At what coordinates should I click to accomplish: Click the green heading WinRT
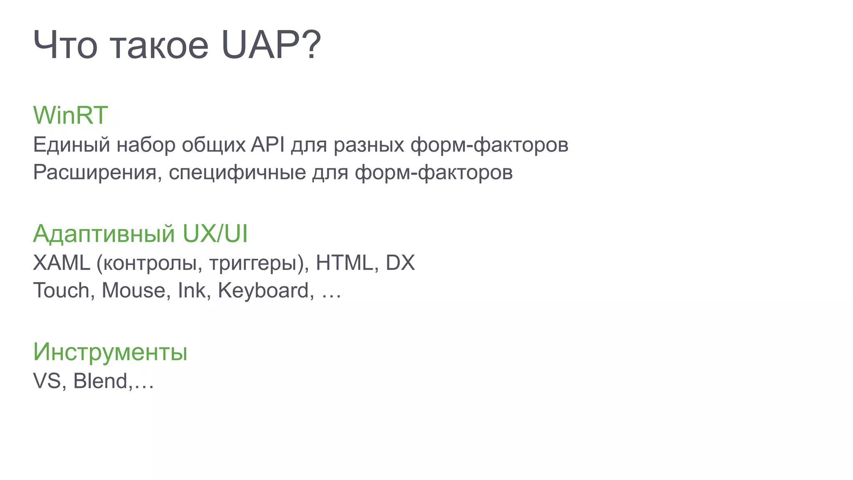click(x=70, y=115)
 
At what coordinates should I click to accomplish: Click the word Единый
click(x=72, y=145)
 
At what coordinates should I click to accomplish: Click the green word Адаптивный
click(x=104, y=233)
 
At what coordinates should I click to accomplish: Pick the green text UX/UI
click(x=215, y=233)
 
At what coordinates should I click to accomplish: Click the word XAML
click(x=62, y=263)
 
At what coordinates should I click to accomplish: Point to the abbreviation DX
click(x=400, y=263)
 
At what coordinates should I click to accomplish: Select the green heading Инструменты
click(x=110, y=352)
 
